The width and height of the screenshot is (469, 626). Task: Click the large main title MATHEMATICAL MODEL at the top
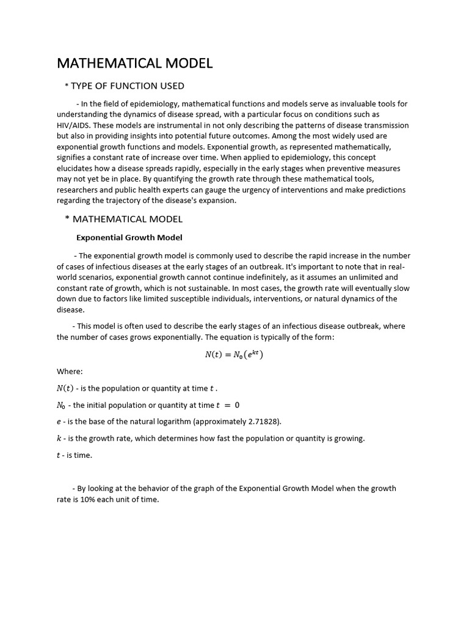[x=134, y=64]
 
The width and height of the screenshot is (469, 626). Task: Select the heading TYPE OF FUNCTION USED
[x=128, y=86]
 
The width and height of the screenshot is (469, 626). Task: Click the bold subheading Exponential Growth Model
[x=129, y=237]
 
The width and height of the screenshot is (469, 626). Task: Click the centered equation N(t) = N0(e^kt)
[x=234, y=355]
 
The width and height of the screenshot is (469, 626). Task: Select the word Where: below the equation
[x=70, y=371]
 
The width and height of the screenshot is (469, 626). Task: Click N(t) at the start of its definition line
[x=65, y=388]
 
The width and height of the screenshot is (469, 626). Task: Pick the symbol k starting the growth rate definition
[x=59, y=438]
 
